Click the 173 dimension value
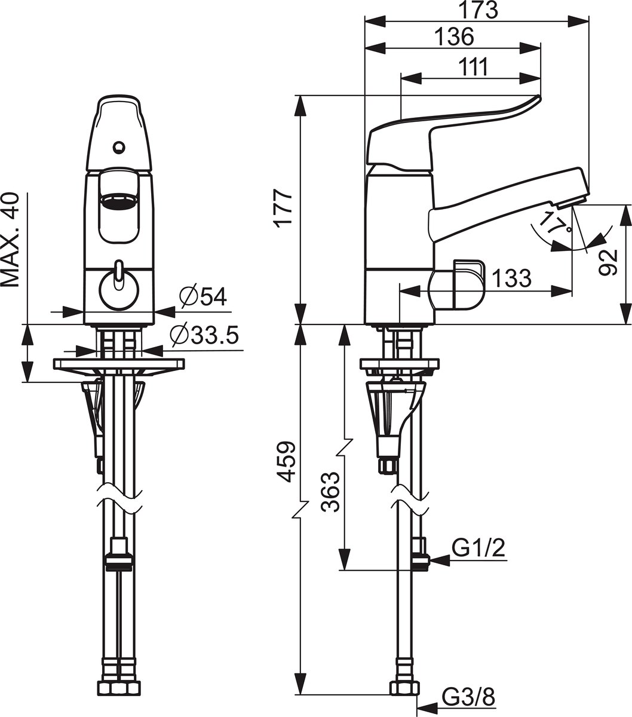[478, 11]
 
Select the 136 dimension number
[454, 37]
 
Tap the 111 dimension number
[474, 67]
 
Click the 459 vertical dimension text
[286, 461]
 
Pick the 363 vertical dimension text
[330, 492]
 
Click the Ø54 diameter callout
[203, 296]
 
